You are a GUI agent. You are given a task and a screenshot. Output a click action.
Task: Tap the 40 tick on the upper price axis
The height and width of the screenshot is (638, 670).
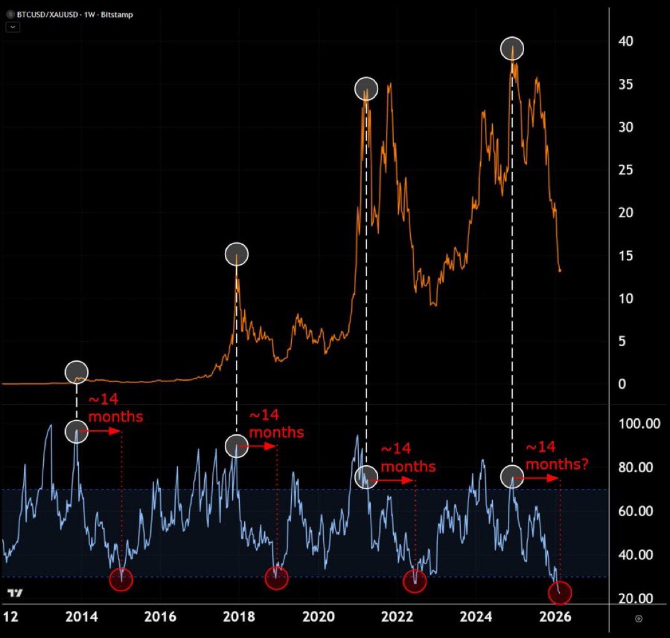(x=626, y=41)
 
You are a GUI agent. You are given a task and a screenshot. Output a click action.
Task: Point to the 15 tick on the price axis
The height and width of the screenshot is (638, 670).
(x=626, y=255)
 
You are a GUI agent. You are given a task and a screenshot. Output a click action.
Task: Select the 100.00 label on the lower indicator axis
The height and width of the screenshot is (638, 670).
(x=636, y=424)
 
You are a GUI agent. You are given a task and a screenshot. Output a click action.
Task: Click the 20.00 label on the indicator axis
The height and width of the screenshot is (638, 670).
(x=636, y=598)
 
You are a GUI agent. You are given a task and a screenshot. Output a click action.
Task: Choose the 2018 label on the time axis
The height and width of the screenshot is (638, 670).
(x=239, y=617)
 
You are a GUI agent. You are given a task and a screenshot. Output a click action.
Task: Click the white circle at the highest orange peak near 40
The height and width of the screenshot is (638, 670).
(x=512, y=48)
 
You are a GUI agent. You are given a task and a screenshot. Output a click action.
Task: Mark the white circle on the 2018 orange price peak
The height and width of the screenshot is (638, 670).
(x=237, y=254)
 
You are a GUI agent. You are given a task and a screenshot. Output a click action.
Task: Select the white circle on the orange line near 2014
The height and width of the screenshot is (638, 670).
(x=76, y=371)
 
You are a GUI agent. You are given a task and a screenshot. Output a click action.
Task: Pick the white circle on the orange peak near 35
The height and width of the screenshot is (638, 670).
(x=366, y=89)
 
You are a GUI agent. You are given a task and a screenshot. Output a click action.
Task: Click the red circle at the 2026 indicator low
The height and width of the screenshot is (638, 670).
(x=560, y=592)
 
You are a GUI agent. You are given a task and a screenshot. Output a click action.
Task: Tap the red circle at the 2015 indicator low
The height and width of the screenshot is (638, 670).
(x=121, y=580)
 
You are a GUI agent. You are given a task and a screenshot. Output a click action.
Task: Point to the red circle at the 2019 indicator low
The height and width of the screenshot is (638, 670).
(x=276, y=578)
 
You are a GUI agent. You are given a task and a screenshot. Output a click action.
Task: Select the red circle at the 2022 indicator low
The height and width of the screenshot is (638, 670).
(x=415, y=582)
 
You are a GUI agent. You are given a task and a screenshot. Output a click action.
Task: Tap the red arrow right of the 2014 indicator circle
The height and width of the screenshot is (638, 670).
(x=103, y=431)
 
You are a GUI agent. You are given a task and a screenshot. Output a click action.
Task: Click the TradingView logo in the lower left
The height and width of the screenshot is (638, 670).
(x=14, y=593)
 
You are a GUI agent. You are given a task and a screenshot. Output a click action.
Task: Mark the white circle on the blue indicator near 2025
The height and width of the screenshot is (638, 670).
(x=512, y=476)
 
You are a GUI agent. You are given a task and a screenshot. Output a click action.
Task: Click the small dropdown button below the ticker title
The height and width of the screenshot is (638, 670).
(x=13, y=27)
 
